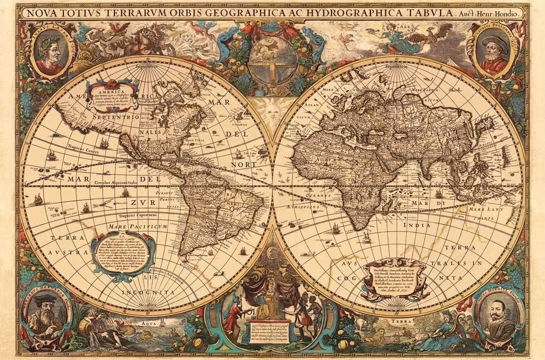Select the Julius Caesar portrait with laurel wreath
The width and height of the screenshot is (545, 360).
(x=49, y=52)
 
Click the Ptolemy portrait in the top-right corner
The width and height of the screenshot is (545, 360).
(x=494, y=52)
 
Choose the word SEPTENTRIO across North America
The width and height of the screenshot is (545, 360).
(x=115, y=116)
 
